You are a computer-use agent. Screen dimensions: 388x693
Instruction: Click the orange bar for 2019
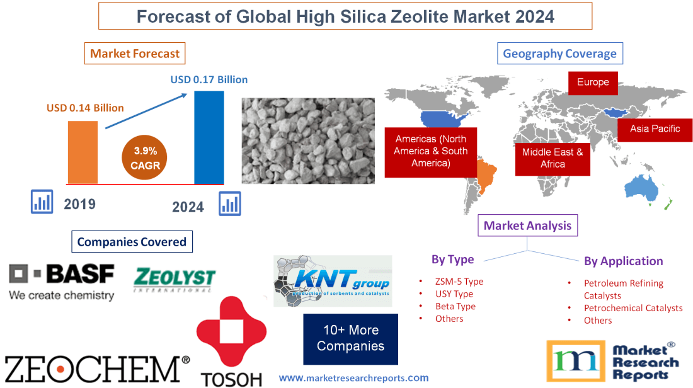point(83,152)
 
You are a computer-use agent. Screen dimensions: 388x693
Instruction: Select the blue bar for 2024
point(209,137)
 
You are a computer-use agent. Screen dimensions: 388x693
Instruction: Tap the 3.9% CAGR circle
point(145,158)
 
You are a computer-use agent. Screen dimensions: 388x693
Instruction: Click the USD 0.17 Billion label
point(209,80)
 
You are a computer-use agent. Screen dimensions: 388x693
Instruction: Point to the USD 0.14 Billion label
point(85,108)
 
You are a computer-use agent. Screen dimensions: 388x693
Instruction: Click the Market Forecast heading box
point(135,54)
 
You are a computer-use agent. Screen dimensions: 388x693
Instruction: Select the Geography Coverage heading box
point(559,54)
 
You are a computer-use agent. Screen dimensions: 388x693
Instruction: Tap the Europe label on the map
point(593,83)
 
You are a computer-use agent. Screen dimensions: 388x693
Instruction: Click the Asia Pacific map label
point(655,128)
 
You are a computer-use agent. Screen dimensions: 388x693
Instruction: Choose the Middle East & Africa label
point(553,158)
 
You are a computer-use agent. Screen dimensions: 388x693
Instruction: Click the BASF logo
point(62,282)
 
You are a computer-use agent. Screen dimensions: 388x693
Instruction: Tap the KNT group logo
point(333,281)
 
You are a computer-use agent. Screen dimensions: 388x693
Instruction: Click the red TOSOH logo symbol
point(231,334)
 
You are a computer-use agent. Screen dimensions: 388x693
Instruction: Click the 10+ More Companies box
point(350,339)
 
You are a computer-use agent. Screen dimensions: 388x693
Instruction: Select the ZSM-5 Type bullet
point(459,282)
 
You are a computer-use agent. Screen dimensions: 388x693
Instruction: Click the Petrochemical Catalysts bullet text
point(633,308)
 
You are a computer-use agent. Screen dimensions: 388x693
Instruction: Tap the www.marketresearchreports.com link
point(353,378)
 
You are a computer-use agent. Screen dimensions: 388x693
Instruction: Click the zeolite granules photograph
point(308,140)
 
